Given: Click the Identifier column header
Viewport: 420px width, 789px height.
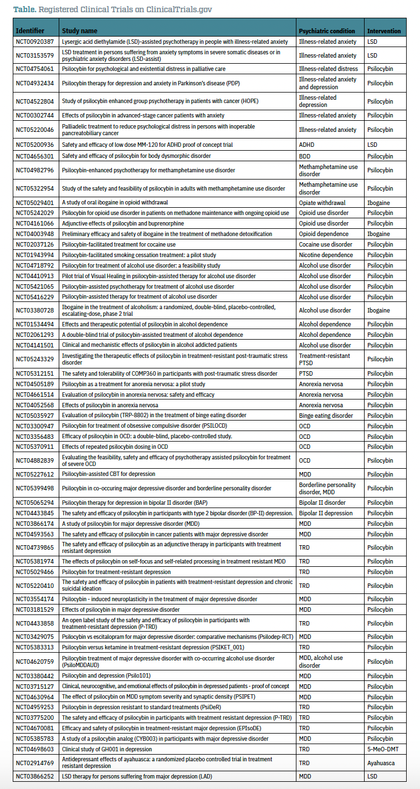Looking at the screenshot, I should click(30, 31).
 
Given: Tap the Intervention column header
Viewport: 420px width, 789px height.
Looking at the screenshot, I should click(383, 31).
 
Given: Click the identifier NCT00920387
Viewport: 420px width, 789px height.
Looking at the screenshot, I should click(35, 42).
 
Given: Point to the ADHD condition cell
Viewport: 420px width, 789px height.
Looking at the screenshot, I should click(307, 144).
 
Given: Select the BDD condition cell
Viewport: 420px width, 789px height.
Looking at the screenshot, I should click(305, 156).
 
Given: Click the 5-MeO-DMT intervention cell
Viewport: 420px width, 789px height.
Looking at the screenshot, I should click(383, 749).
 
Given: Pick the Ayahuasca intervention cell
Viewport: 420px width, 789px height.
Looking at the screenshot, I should click(382, 763).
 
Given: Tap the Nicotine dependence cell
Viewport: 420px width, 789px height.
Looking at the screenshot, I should click(326, 255).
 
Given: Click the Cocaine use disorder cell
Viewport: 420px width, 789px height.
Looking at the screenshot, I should click(325, 244).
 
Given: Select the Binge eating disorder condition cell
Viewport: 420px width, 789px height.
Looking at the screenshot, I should click(326, 415).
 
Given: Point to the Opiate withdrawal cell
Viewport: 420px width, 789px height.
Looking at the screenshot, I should click(322, 203).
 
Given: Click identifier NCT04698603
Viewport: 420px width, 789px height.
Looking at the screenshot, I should click(35, 749).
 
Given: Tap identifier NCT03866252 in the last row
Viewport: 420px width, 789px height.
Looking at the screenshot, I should click(35, 776).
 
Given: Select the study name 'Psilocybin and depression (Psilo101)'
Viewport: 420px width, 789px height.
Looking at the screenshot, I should click(106, 675).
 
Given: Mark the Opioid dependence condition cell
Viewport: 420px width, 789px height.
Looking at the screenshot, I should click(324, 234).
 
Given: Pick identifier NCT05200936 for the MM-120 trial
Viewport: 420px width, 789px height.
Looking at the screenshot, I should click(35, 144).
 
